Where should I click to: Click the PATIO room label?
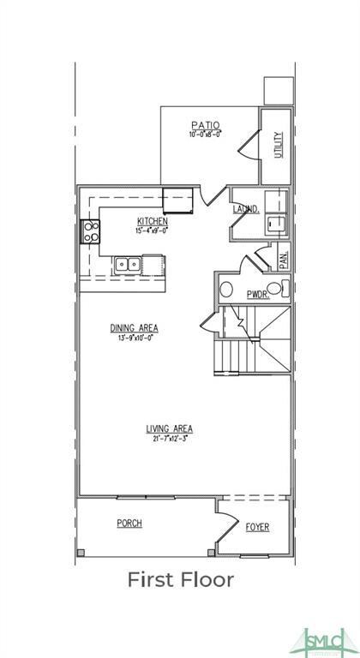coord(206,124)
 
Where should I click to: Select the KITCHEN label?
coord(152,220)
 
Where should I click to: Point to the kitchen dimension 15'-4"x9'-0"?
coord(152,230)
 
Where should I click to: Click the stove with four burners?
coord(90,230)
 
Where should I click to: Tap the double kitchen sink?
coord(129,264)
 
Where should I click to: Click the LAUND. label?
coord(246,209)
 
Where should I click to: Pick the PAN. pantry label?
coord(284,255)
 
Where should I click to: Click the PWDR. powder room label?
coord(257,294)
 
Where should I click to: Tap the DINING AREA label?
coord(134,328)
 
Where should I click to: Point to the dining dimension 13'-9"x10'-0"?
coord(134,338)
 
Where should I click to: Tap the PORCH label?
coord(129,523)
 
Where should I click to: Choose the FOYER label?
coord(257,527)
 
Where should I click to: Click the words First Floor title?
coord(180,580)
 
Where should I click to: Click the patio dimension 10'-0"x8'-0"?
coord(206,134)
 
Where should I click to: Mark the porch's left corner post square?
coord(81,552)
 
